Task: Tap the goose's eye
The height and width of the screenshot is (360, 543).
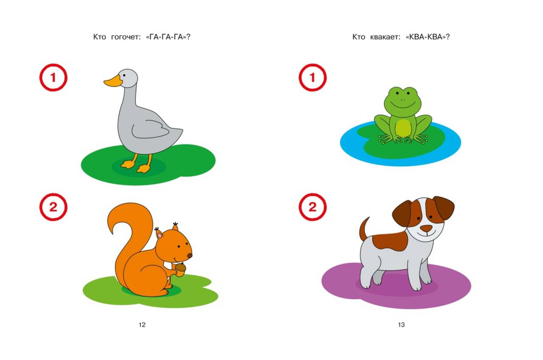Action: pyautogui.click(x=124, y=76)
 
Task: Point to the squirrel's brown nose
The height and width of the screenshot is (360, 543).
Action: pyautogui.click(x=190, y=256)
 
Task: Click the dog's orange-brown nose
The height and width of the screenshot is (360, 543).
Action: pyautogui.click(x=426, y=228)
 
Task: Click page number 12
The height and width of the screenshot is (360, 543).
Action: pyautogui.click(x=142, y=325)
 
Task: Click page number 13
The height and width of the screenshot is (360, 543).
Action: pyautogui.click(x=401, y=325)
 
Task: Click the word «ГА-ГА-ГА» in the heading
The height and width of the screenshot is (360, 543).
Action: pyautogui.click(x=168, y=37)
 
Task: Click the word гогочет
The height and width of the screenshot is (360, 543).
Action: pyautogui.click(x=126, y=37)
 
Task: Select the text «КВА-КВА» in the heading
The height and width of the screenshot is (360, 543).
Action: pyautogui.click(x=427, y=37)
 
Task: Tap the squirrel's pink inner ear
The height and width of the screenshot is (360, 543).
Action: pyautogui.click(x=160, y=235)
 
